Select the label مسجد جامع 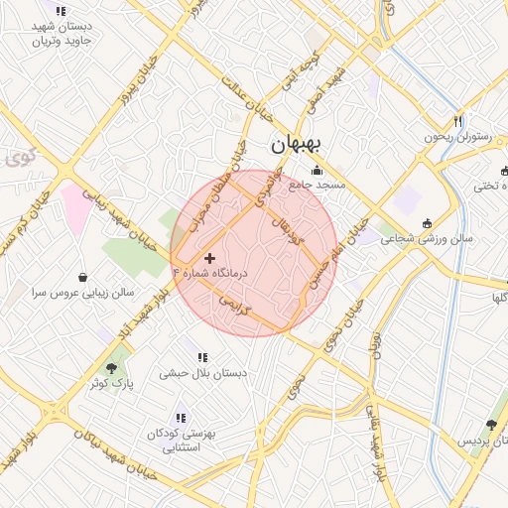click(317, 185)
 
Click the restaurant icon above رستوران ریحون click(458, 121)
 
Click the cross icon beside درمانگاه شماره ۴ click(208, 258)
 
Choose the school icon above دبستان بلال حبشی click(202, 357)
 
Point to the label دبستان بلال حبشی click(202, 373)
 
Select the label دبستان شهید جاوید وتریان click(62, 35)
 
